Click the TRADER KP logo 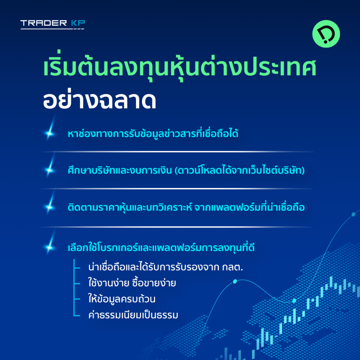coord(53,24)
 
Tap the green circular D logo coord(326,34)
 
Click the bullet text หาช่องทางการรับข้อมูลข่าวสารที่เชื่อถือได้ coord(153,133)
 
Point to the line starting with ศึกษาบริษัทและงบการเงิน coord(186,170)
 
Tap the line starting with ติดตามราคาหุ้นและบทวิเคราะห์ coord(186,207)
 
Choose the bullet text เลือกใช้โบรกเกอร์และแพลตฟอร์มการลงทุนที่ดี coord(161,247)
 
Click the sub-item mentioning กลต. coord(166,267)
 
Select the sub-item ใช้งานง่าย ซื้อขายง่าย coord(132,283)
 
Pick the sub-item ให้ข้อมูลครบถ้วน coord(122,299)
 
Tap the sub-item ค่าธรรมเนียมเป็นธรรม coord(133,315)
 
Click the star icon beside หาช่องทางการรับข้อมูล coord(50,133)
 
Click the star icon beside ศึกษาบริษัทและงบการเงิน coord(50,170)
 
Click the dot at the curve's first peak coord(235,281)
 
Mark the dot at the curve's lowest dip coord(294,301)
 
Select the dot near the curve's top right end coord(354,214)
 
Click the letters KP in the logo coord(78,23)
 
